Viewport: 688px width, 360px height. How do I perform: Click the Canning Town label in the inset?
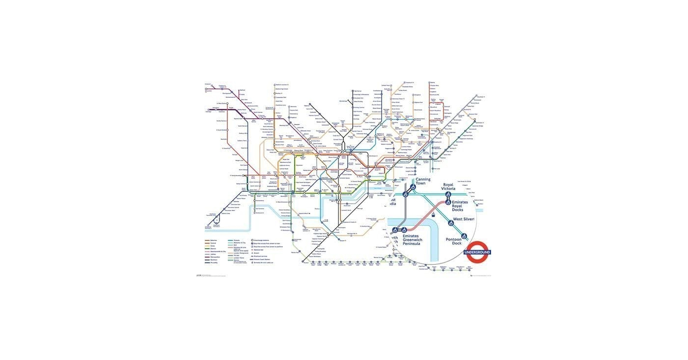click(423, 181)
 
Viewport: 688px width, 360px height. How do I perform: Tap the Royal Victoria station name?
click(448, 186)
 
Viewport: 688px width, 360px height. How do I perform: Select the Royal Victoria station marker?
click(448, 195)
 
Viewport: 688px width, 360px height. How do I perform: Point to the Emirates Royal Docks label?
click(460, 206)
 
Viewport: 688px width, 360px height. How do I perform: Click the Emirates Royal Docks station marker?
click(448, 202)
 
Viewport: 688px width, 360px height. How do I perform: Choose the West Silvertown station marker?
click(451, 223)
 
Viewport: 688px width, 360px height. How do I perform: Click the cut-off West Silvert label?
click(464, 219)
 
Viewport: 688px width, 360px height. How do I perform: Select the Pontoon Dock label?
click(454, 241)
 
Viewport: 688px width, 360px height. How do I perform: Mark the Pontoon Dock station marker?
click(464, 236)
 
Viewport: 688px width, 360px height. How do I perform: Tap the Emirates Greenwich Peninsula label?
click(412, 240)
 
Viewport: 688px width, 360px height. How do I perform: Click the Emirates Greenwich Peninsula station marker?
click(404, 230)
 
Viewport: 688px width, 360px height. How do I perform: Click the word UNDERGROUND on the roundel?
click(477, 252)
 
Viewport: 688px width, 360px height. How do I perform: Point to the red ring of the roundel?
click(477, 244)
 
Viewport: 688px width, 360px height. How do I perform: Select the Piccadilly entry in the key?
click(214, 263)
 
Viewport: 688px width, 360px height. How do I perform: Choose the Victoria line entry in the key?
click(237, 240)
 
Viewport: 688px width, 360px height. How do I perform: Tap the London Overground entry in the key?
click(241, 253)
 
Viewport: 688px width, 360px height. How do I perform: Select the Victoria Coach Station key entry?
click(262, 260)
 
